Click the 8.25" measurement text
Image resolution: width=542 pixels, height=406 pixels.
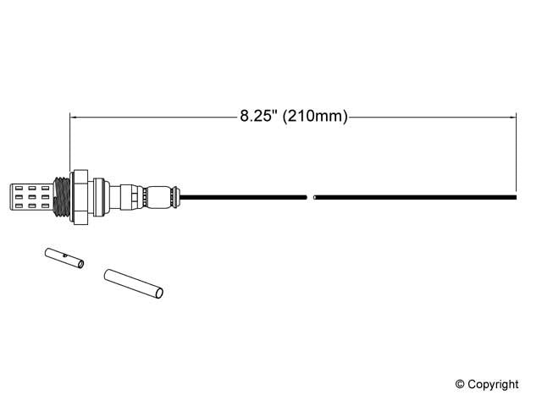[x=258, y=118]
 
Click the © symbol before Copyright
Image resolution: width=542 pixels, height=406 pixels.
[x=461, y=384]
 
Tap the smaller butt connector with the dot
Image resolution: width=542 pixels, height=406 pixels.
[x=64, y=258]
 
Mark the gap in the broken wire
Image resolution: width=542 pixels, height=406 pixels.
[x=310, y=198]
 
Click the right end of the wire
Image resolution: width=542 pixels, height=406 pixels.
[x=514, y=198]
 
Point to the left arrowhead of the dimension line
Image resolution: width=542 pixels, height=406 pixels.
[x=74, y=118]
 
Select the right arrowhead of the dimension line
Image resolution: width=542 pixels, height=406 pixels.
[x=512, y=118]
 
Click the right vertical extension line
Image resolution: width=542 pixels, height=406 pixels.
[x=517, y=152]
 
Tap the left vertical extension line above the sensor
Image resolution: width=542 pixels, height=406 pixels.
[x=69, y=144]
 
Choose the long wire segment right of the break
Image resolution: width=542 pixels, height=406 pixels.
[x=415, y=198]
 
